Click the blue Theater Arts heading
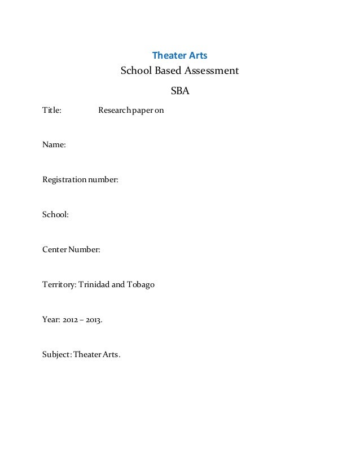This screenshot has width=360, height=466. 180,56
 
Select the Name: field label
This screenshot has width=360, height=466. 54,145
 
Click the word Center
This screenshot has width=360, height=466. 55,249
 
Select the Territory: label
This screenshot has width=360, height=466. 59,284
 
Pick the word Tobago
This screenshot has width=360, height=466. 141,284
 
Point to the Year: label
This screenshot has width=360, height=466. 51,319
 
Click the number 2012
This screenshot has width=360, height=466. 69,319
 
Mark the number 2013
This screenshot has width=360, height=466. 94,319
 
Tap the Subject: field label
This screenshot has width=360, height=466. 58,354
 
